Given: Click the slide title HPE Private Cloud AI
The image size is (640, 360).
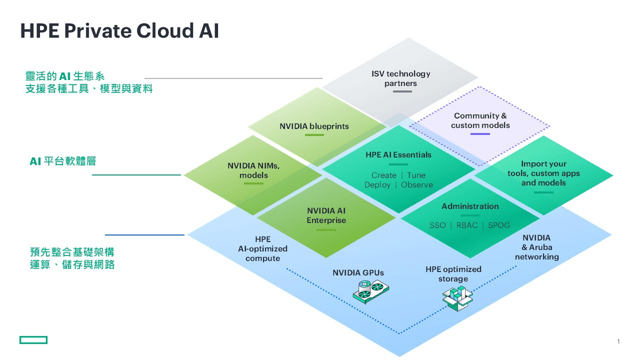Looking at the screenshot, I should point(119,31).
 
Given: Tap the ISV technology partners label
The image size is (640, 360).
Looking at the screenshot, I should point(401,78).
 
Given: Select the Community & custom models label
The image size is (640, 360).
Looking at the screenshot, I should point(480,121).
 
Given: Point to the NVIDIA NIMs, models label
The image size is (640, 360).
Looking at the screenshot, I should point(253,171).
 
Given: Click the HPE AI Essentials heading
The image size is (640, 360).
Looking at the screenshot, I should point(398,155).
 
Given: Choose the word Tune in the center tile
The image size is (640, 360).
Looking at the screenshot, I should point(416,175).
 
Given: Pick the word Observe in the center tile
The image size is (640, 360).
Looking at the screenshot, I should point(417,185).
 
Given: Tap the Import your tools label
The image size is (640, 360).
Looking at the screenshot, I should point(543,173).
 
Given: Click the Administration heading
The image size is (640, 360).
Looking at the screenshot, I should point(470,206).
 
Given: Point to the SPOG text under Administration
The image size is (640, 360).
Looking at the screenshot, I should point(499,226).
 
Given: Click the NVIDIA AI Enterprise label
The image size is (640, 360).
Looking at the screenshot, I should point(326,215).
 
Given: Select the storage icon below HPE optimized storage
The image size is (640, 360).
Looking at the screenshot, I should point(457,298).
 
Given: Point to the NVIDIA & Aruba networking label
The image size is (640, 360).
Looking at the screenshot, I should point(537,247).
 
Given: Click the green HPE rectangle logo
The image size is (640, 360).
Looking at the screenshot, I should point(34,340).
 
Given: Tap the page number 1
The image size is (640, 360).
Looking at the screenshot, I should point(618,341).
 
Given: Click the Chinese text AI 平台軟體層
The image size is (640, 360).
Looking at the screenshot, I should point(63,161).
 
